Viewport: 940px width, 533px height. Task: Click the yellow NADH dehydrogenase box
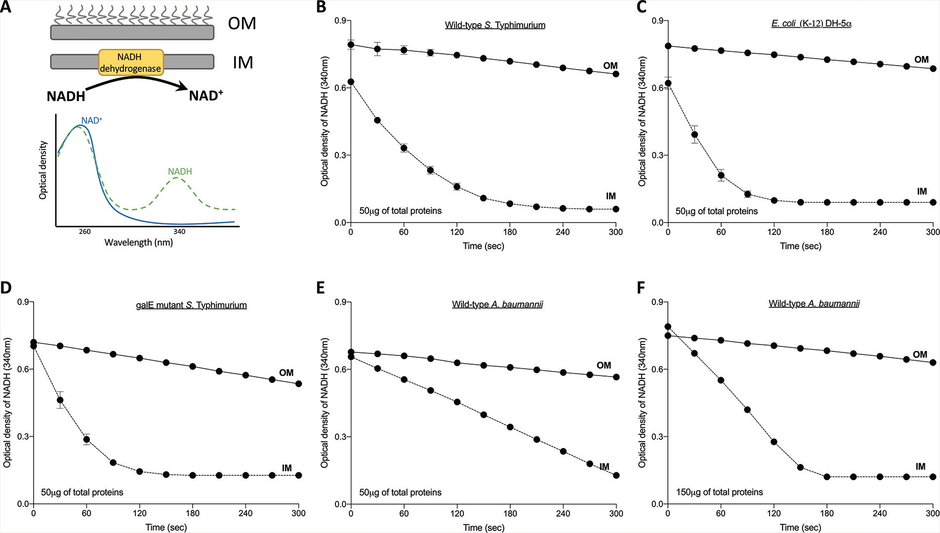(x=131, y=63)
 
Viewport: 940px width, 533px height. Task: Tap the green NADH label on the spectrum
(x=180, y=172)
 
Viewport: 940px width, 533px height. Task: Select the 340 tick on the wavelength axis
(x=179, y=231)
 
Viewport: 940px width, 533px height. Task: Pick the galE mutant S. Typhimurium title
(x=191, y=305)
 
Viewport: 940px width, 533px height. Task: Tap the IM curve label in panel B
(x=611, y=196)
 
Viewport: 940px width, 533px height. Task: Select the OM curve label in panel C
(x=921, y=60)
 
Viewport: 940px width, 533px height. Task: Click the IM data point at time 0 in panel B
(x=351, y=82)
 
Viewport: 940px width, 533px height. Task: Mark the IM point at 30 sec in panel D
(x=60, y=400)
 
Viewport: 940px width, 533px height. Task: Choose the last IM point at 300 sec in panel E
(x=616, y=475)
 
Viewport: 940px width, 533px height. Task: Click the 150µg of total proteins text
(x=720, y=492)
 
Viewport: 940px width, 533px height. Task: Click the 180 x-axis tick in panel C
(x=827, y=232)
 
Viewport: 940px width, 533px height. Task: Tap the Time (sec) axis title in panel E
(x=483, y=527)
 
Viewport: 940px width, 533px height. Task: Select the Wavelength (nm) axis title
(x=138, y=242)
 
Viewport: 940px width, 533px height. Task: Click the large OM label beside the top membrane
(x=242, y=23)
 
